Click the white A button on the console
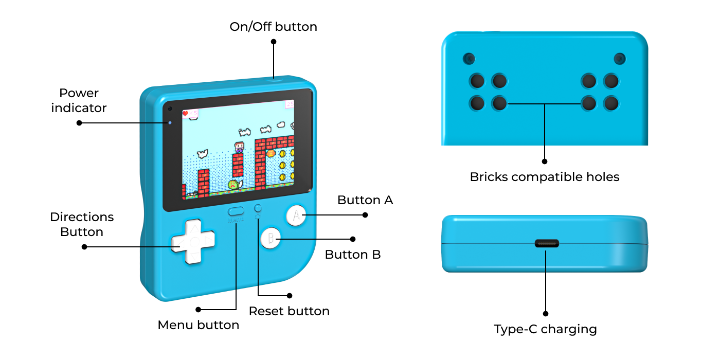pos(296,215)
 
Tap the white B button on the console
pos(271,238)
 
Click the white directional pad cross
pos(193,241)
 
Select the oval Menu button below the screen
pos(236,211)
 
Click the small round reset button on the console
pos(258,208)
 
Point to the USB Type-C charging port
pos(547,243)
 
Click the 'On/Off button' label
pos(273,27)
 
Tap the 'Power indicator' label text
pos(79,100)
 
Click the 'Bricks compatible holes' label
pos(545,177)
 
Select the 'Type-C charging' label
pos(545,329)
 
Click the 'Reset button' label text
pos(289,311)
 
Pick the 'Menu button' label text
pos(199,325)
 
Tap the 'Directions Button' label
pos(82,224)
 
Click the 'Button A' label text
pos(365,200)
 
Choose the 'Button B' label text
pos(353,255)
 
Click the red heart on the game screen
pos(185,113)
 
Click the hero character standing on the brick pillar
pos(239,148)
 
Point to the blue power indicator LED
pos(170,123)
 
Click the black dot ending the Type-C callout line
pos(546,314)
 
